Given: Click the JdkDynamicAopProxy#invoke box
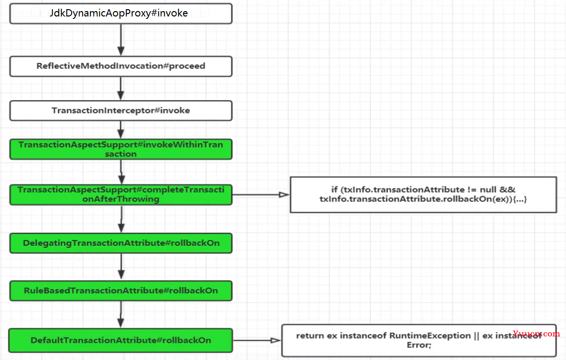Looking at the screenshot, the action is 121,14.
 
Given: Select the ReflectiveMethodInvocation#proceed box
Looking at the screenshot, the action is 121,66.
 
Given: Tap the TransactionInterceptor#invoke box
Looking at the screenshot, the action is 121,111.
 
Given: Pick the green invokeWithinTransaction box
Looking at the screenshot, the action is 121,150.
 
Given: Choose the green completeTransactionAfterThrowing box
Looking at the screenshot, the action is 121,195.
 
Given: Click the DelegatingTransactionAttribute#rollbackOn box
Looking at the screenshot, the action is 121,243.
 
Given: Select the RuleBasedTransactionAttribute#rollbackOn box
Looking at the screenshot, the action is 121,291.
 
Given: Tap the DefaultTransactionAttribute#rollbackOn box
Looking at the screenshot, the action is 121,340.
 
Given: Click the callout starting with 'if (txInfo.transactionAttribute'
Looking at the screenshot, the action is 424,195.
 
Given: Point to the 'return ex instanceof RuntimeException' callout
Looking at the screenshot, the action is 419,341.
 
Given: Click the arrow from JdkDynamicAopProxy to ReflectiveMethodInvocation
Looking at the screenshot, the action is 121,40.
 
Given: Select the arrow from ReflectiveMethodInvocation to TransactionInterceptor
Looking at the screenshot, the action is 121,89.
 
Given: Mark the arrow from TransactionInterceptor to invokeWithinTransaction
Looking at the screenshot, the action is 121,130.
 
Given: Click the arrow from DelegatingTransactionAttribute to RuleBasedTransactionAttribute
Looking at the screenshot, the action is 121,267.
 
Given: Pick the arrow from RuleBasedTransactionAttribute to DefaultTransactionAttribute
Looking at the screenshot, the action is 121,315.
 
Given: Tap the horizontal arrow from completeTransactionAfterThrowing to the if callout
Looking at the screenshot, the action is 261,195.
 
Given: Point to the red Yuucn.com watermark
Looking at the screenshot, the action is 536,334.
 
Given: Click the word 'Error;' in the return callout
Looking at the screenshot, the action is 419,345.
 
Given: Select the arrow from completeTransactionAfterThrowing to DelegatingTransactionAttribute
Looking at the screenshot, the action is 121,219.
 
